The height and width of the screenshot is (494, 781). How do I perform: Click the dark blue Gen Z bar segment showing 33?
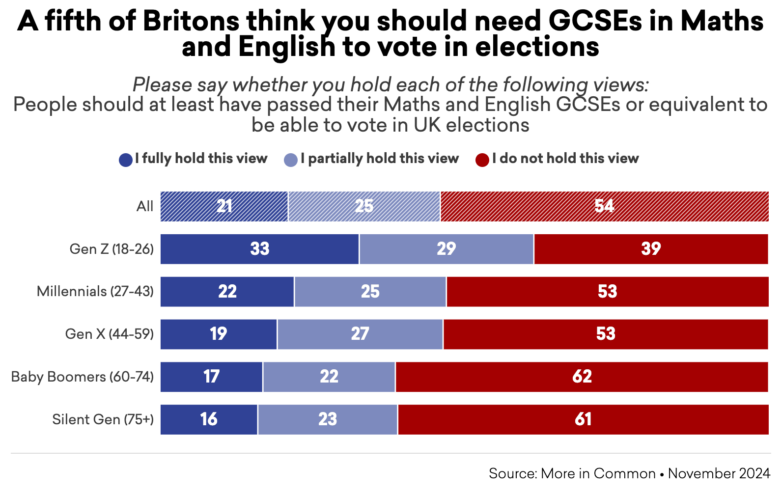(x=259, y=249)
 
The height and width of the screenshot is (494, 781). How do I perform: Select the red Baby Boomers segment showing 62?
(x=582, y=377)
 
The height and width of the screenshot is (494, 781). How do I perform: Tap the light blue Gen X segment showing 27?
(x=360, y=334)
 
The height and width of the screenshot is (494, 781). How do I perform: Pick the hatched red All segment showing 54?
(x=604, y=206)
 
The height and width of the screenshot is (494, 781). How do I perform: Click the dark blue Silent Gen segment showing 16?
(x=209, y=419)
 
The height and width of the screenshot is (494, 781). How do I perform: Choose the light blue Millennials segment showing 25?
(x=370, y=292)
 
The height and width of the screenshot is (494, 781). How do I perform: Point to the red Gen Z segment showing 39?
(x=651, y=249)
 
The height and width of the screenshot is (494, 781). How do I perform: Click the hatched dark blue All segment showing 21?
(x=224, y=206)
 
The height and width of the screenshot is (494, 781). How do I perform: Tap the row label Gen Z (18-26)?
(x=112, y=249)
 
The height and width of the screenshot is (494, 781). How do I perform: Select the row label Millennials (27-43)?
(x=95, y=292)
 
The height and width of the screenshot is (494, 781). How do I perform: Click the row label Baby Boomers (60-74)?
(x=82, y=377)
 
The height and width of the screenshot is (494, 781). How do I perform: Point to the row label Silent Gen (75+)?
(x=103, y=419)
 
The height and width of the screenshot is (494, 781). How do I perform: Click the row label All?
(x=145, y=206)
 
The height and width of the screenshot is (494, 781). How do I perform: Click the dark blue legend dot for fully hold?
(x=126, y=160)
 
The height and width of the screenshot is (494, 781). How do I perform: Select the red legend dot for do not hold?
(x=482, y=160)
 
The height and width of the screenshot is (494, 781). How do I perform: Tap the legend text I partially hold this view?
(x=380, y=159)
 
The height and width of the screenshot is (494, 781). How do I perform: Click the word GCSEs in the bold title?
(x=595, y=21)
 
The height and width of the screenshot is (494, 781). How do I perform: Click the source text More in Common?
(x=598, y=473)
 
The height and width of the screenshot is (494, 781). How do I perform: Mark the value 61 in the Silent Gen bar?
(x=583, y=419)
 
